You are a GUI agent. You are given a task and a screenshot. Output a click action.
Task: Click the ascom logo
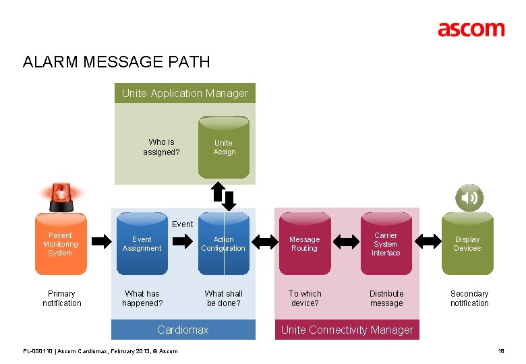click(471, 29)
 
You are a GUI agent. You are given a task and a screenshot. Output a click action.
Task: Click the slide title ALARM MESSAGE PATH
click(116, 63)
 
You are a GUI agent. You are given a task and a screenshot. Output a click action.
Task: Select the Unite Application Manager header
click(185, 94)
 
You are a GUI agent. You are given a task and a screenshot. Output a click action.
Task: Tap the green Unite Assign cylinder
click(224, 146)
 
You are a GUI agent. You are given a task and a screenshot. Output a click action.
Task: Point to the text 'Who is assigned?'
click(161, 146)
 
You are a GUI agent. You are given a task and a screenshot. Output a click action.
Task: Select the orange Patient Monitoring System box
click(61, 244)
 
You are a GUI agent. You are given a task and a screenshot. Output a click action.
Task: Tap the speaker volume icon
click(469, 198)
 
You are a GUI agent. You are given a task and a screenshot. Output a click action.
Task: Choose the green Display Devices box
click(467, 244)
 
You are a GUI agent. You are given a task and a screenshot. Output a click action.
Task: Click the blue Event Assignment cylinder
click(142, 244)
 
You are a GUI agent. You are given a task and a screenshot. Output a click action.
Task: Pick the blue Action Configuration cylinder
click(224, 244)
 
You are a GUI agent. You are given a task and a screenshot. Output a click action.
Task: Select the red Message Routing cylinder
click(305, 244)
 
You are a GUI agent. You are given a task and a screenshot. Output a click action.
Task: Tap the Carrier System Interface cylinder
click(386, 244)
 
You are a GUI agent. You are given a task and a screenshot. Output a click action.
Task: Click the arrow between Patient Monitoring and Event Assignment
click(101, 240)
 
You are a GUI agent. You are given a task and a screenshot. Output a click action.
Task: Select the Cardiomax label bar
click(183, 330)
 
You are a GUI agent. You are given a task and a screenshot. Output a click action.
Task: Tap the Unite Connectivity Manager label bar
click(347, 330)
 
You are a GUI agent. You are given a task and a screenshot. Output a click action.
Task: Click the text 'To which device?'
click(305, 298)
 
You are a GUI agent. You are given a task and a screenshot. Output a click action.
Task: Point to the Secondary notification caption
click(469, 298)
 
